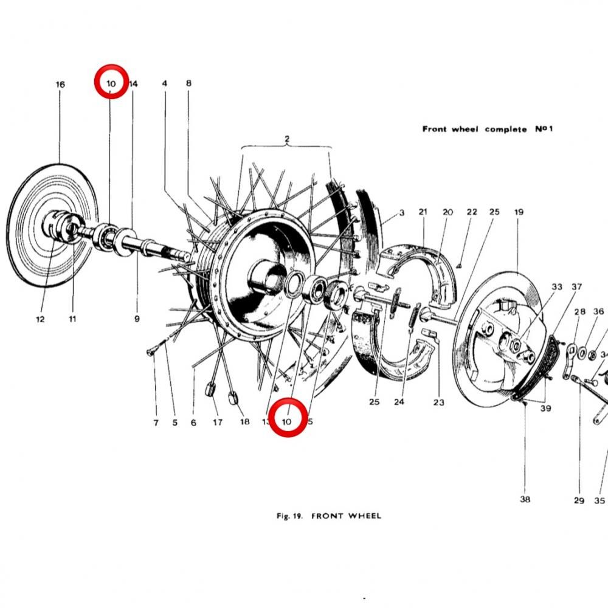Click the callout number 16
click(x=60, y=85)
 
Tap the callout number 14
click(x=134, y=83)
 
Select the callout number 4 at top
click(x=164, y=83)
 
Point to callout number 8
click(x=188, y=83)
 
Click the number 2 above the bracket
click(x=287, y=139)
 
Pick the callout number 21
click(x=423, y=212)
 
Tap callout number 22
click(x=472, y=212)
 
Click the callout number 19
click(x=519, y=212)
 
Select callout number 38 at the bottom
click(x=525, y=499)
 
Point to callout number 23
click(x=439, y=402)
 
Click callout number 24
click(x=399, y=402)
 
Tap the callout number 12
click(x=40, y=319)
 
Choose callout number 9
click(x=137, y=318)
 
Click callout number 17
click(x=218, y=422)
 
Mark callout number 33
click(x=557, y=286)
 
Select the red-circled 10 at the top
click(x=111, y=82)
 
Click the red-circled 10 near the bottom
click(x=288, y=418)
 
